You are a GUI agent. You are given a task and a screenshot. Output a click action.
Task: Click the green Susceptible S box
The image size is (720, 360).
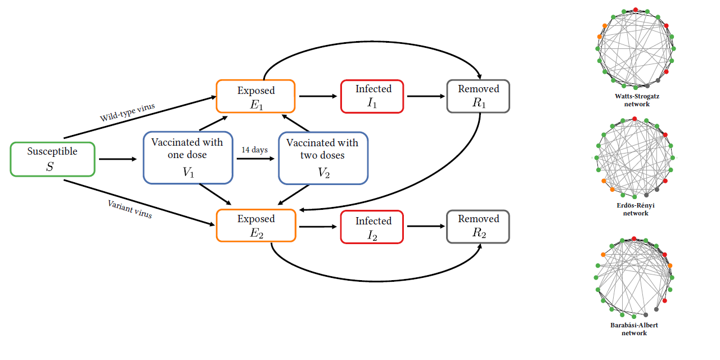[x=52, y=159]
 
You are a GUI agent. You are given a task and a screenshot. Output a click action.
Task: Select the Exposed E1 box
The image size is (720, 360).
[x=255, y=96]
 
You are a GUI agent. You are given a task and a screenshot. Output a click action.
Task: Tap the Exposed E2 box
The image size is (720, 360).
[x=255, y=226]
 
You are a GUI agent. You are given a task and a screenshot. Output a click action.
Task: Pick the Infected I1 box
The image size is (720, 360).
[x=372, y=96]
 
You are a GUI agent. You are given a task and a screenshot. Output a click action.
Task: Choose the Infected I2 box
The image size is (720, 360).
[x=372, y=227]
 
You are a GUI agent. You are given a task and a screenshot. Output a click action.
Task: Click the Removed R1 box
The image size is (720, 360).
[x=478, y=96]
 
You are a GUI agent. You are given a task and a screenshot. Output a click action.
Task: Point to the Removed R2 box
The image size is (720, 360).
[x=478, y=227]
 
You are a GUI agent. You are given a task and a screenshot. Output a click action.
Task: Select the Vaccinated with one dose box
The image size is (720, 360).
[x=188, y=157]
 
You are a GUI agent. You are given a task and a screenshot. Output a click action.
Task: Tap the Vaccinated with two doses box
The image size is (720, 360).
[x=323, y=157]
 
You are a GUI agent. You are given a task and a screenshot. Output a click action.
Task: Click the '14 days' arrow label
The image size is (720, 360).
[x=255, y=150]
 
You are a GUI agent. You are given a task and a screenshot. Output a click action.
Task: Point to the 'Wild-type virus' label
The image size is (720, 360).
[x=127, y=112]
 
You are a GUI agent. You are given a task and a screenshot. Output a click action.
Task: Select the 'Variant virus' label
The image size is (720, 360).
[x=130, y=209]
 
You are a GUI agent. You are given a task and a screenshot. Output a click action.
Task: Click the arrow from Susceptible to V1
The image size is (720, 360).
[x=118, y=159]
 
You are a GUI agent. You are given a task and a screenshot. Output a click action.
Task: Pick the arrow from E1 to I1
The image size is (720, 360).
[x=317, y=96]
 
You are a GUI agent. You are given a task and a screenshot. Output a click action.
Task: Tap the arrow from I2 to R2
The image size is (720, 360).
[x=425, y=227]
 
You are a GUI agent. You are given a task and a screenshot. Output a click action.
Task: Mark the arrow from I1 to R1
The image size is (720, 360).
[x=425, y=96]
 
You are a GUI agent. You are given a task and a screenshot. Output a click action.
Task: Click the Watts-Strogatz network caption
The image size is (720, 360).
[x=637, y=100]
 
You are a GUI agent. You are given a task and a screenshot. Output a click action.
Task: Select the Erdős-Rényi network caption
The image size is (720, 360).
[x=636, y=209]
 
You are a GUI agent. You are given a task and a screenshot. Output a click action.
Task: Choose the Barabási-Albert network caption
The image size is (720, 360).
[x=634, y=329]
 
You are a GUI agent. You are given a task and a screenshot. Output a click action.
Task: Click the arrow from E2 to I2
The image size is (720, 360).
[x=317, y=227]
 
